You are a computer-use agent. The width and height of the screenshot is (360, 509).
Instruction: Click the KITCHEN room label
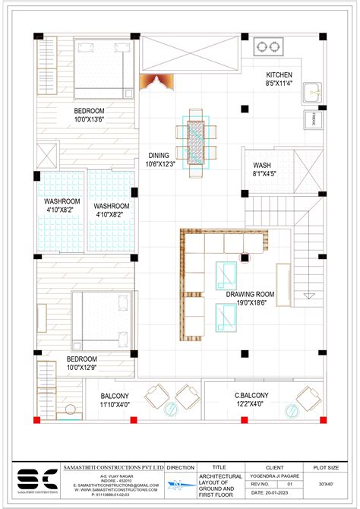(279, 74)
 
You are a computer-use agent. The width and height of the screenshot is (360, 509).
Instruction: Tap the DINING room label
(159, 155)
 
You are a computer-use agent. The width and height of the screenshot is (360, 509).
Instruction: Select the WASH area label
(263, 164)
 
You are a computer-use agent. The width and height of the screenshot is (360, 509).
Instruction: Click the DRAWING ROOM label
(250, 294)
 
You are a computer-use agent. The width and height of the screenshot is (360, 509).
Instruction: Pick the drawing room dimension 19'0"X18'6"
(250, 304)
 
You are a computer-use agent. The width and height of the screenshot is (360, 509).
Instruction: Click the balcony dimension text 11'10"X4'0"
(115, 405)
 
